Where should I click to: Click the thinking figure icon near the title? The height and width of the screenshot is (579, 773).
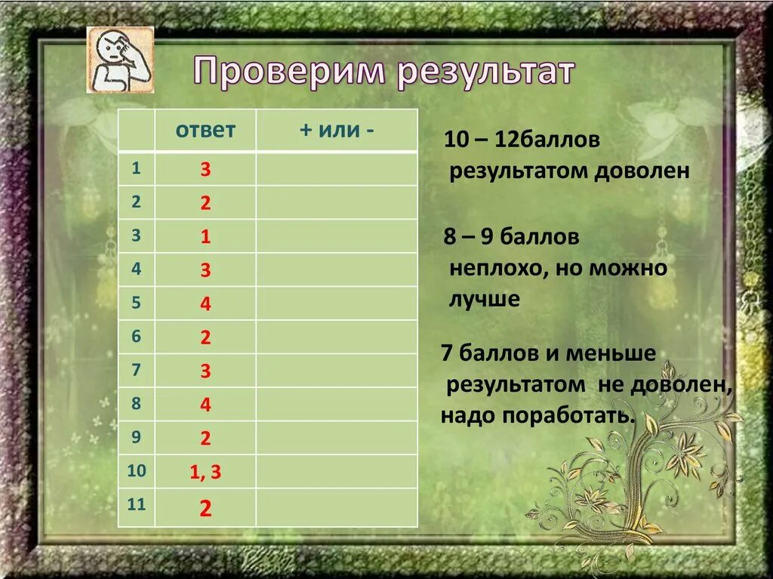[120, 60]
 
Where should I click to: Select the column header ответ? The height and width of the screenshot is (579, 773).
[205, 130]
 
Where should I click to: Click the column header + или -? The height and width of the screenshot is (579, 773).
[336, 130]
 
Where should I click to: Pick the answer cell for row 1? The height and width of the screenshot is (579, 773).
[205, 170]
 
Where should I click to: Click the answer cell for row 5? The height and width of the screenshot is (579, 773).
[205, 304]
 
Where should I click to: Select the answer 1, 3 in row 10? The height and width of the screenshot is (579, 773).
[205, 473]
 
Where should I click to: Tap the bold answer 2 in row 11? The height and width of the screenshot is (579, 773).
[205, 508]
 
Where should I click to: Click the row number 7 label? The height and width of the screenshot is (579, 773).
[136, 370]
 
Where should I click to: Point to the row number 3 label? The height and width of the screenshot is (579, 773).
[136, 236]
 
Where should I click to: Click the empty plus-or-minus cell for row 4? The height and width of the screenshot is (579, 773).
[336, 269]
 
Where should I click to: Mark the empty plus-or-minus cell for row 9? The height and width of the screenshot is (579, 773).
[336, 438]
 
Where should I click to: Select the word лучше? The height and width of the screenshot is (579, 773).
[485, 299]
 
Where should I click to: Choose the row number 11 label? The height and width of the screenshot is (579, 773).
[136, 505]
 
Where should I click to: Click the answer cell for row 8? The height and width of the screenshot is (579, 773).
[205, 405]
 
